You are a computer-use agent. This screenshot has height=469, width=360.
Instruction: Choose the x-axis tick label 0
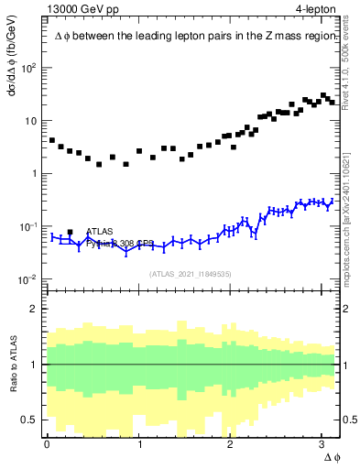47,443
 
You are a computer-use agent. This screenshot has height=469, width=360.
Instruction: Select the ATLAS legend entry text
101,233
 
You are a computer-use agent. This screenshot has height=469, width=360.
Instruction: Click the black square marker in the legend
71,233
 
